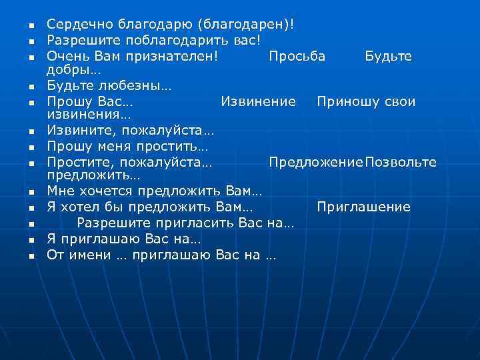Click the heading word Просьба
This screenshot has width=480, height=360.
pos(297,56)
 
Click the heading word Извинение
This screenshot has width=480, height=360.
pos(258,101)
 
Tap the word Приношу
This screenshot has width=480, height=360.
pos(345,101)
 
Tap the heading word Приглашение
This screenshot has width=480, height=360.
pos(363,207)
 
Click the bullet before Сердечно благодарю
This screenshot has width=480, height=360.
pos(31,25)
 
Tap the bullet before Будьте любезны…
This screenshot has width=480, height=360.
pos(31,87)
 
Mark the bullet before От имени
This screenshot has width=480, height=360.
pos(31,255)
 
